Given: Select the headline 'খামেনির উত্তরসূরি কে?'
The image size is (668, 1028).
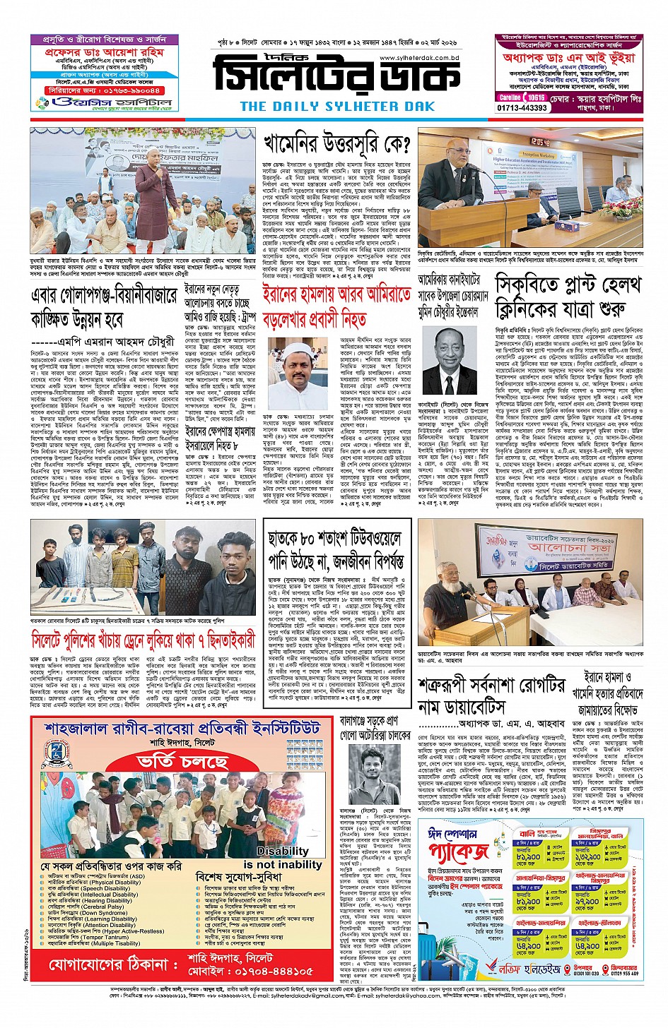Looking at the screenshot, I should point(336,145).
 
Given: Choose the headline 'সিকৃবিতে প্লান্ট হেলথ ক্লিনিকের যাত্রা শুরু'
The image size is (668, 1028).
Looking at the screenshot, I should point(569,297).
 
